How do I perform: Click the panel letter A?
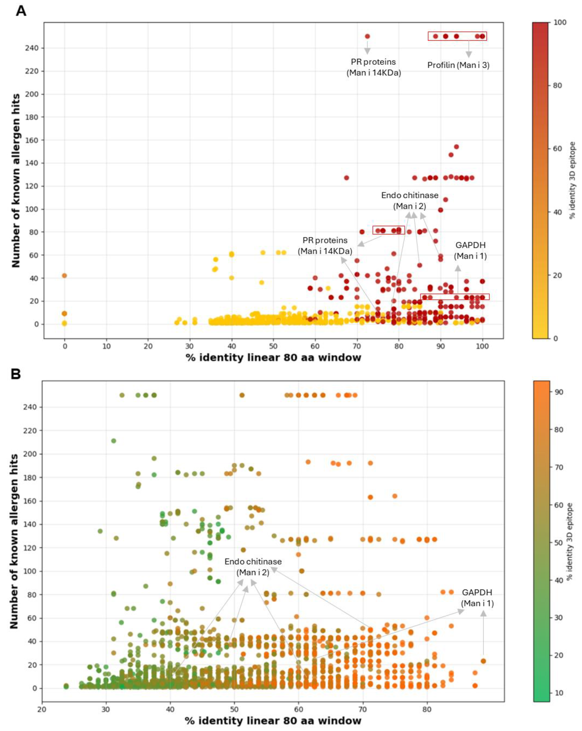(21, 11)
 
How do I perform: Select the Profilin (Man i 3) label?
(458, 65)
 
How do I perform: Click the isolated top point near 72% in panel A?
(367, 36)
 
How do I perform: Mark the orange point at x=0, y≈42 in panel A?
(64, 276)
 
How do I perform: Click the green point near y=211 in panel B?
(114, 441)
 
